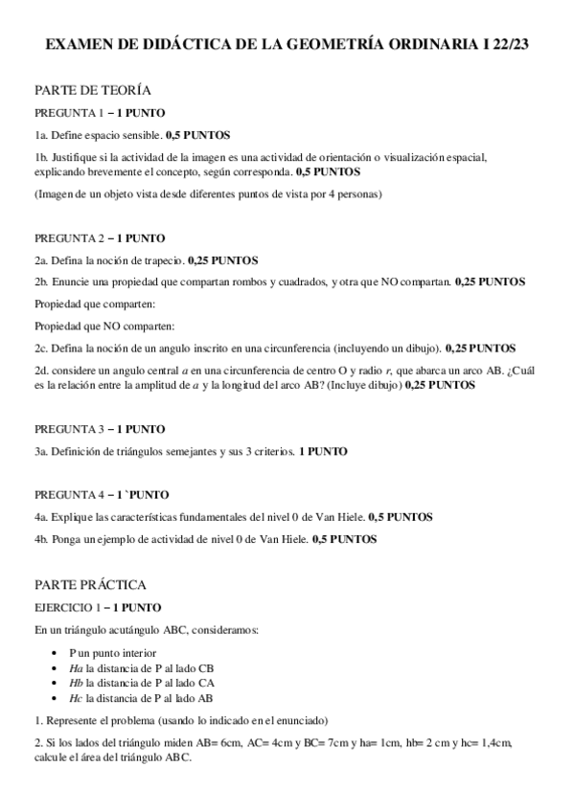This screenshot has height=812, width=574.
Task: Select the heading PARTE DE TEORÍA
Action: pyautogui.click(x=92, y=90)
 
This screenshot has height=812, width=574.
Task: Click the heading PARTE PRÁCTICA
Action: pyautogui.click(x=90, y=583)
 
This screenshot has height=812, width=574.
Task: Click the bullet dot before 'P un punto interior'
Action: pyautogui.click(x=58, y=652)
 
